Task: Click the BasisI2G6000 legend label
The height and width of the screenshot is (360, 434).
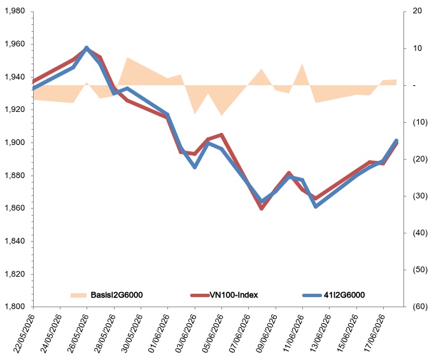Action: [116, 295]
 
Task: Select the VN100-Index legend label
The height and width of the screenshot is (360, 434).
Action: [234, 295]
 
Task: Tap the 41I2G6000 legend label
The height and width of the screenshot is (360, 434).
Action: [344, 295]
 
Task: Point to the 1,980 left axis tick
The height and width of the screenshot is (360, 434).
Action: [15, 11]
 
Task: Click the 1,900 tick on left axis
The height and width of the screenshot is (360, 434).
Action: [15, 142]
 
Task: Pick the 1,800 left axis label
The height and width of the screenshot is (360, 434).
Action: [15, 307]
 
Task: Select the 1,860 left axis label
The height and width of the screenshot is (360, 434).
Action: [15, 209]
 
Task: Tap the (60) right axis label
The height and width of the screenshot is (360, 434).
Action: [420, 307]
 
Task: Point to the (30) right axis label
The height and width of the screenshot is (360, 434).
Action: [420, 196]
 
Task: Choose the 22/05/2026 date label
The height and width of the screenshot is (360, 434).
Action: [25, 334]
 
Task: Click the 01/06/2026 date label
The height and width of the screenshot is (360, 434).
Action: [159, 334]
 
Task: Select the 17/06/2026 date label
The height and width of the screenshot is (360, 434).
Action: [374, 334]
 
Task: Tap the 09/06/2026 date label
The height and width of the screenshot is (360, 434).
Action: [267, 334]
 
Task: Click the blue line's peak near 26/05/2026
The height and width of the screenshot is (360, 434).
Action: [87, 48]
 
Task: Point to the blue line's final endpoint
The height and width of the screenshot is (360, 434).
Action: [396, 141]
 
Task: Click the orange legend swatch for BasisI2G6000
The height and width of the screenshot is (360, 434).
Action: [79, 295]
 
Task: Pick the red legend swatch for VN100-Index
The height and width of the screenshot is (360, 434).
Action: [200, 295]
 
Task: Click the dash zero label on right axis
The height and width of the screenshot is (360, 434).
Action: [414, 85]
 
